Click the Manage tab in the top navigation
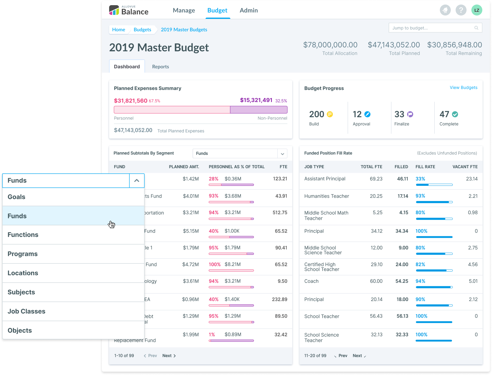[x=184, y=10]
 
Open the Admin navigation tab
[x=249, y=10]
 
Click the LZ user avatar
[x=477, y=10]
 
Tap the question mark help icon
[x=461, y=10]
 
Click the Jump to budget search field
[x=432, y=28]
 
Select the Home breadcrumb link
[x=119, y=29]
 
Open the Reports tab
[x=160, y=67]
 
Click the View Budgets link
[x=463, y=87]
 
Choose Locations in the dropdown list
[x=23, y=273]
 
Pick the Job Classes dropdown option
[x=26, y=311]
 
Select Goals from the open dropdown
[x=16, y=197]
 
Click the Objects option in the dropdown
[x=20, y=330]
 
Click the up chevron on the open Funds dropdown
[x=137, y=181]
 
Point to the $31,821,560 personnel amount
[x=130, y=101]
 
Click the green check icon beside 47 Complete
[x=455, y=114]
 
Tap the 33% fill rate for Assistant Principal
[x=420, y=179]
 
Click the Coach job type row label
[x=311, y=281]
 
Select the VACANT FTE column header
[x=465, y=167]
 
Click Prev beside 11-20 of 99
[x=343, y=356]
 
